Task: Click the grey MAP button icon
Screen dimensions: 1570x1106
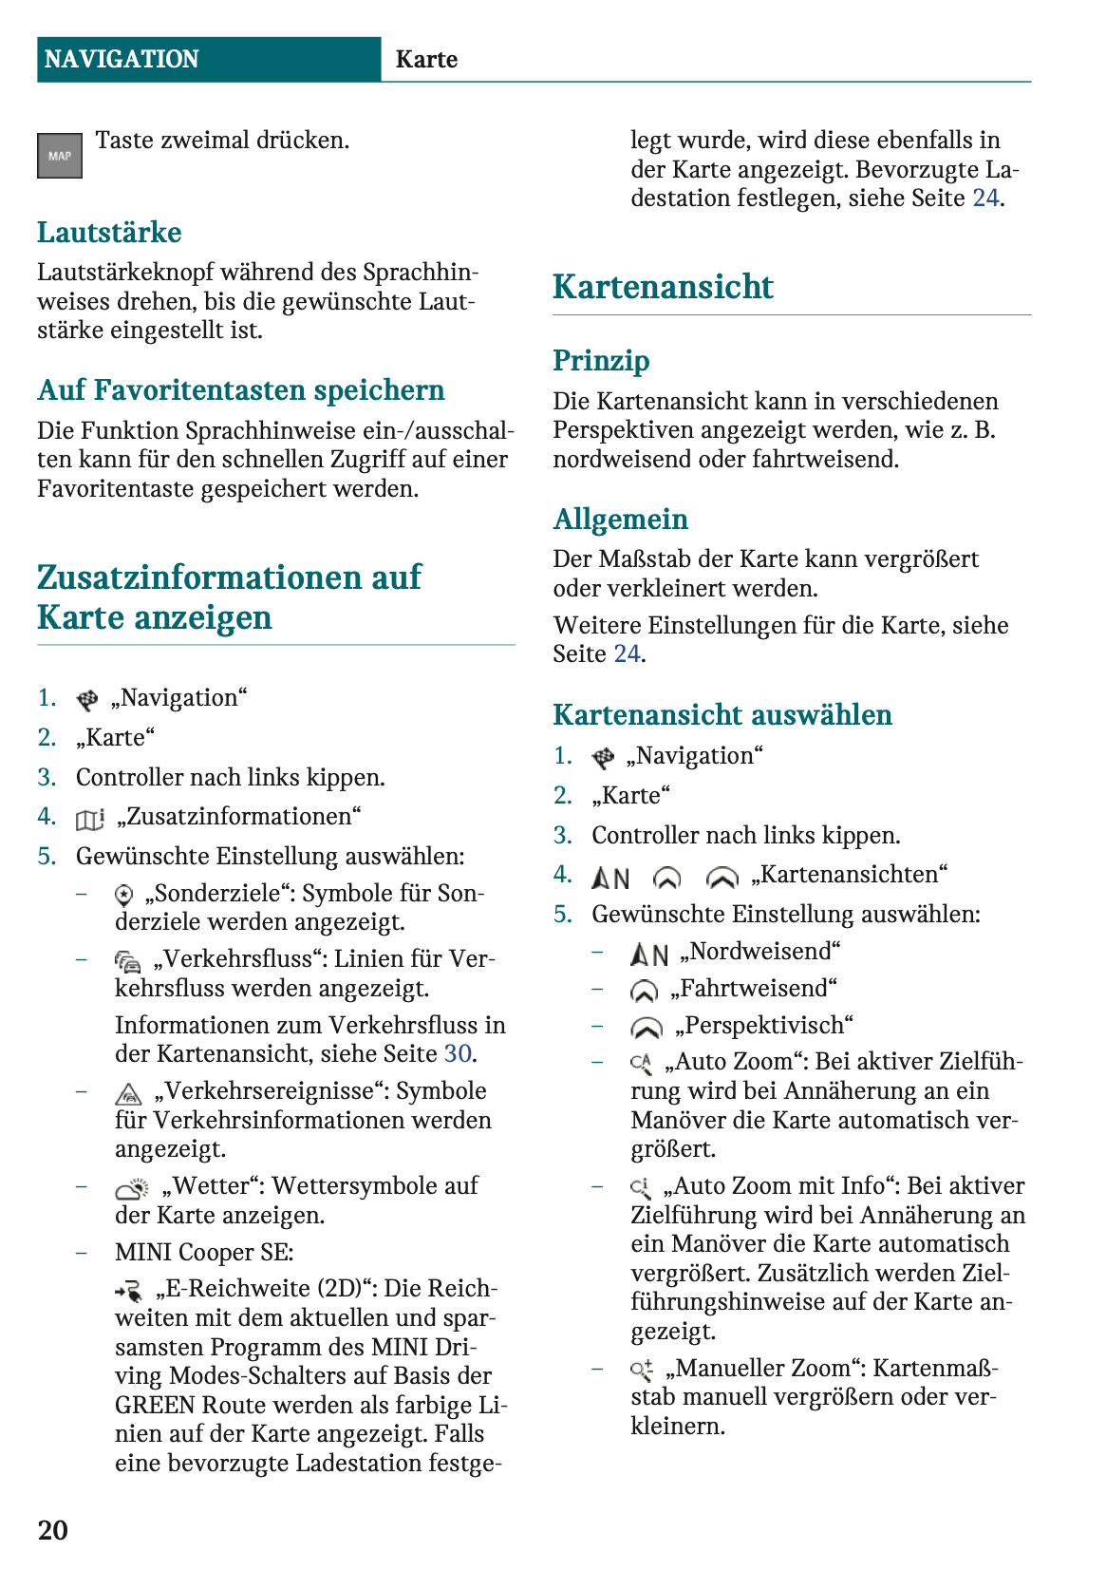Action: pyautogui.click(x=60, y=156)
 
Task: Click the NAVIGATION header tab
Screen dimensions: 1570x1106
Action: pyautogui.click(x=122, y=59)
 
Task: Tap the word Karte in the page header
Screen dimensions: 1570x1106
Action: pyautogui.click(x=426, y=59)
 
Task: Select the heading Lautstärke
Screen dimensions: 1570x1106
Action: pyautogui.click(x=109, y=233)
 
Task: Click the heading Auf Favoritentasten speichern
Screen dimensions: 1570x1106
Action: pyautogui.click(x=241, y=390)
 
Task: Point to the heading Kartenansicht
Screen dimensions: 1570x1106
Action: pyautogui.click(x=663, y=287)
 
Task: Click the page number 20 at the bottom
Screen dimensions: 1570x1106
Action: pyautogui.click(x=53, y=1529)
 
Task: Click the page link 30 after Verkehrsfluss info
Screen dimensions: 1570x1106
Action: pyautogui.click(x=458, y=1053)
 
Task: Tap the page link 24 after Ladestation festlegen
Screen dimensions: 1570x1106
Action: pyautogui.click(x=985, y=198)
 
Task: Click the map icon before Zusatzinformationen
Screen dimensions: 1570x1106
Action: pyautogui.click(x=89, y=819)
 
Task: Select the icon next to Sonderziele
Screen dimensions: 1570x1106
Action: pyautogui.click(x=124, y=895)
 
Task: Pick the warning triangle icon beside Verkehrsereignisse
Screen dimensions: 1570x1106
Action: pyautogui.click(x=128, y=1093)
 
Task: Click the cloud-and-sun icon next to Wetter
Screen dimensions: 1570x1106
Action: pyautogui.click(x=132, y=1188)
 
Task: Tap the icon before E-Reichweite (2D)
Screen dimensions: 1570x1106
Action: pyautogui.click(x=129, y=1291)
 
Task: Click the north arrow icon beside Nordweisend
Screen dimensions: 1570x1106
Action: pyautogui.click(x=649, y=954)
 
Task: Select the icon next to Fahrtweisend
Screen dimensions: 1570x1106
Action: pyautogui.click(x=644, y=991)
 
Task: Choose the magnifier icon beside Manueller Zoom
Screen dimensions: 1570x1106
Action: pyautogui.click(x=642, y=1370)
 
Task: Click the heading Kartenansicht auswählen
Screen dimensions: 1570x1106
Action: pyautogui.click(x=722, y=714)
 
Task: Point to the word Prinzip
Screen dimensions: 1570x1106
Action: pyautogui.click(x=601, y=361)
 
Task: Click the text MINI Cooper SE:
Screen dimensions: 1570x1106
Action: pyautogui.click(x=204, y=1252)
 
